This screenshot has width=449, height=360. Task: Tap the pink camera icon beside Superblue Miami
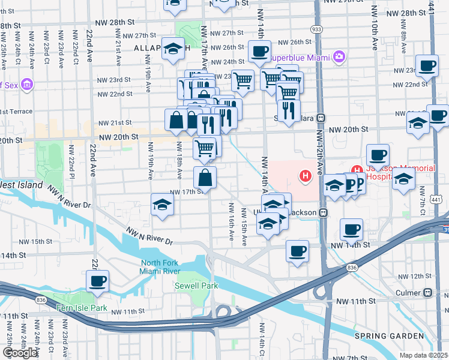pos(340,56)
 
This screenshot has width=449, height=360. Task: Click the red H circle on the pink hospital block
pos(306,176)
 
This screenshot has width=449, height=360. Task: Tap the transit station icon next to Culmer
pos(427,293)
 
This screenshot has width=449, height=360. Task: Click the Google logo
pos(20,353)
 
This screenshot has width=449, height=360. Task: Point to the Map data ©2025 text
pos(423,355)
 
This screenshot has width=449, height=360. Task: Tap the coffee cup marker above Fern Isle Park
pos(97,281)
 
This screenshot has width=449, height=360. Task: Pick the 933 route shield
pos(315,29)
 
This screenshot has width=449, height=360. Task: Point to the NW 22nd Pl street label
pos(71,161)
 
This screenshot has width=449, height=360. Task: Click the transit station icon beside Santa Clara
pos(322,118)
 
